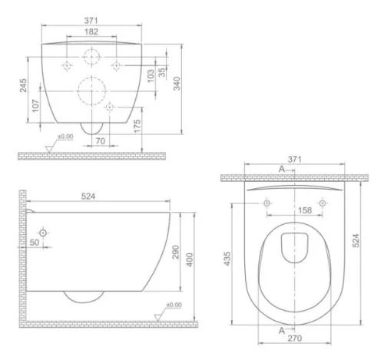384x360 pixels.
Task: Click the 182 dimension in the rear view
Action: pos(91,31)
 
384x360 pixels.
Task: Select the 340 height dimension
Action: pos(177,84)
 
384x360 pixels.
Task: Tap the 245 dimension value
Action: pos(23,85)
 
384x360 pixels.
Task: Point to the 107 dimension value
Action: pos(35,106)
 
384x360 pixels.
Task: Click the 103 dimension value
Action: pos(151,76)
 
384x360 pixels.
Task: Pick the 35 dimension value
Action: pos(162,72)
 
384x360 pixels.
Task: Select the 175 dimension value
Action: pos(137,126)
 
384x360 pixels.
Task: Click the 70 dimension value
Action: pos(101,141)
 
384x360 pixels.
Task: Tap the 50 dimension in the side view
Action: pos(35,243)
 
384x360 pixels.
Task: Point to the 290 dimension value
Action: pos(175,252)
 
